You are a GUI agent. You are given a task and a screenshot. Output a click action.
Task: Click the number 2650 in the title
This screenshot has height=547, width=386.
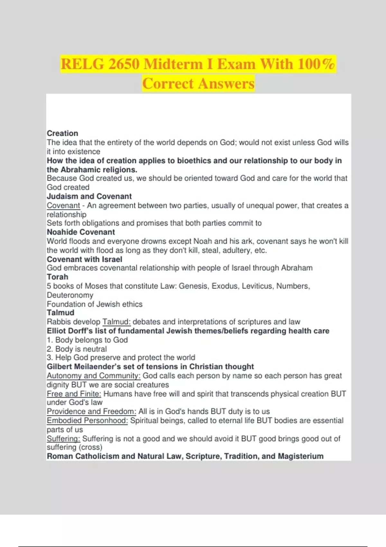point(124,64)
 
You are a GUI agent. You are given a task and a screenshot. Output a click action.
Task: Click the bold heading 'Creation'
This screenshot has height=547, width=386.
point(62,133)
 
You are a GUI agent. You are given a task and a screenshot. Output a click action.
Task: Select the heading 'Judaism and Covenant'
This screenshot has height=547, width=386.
point(89,196)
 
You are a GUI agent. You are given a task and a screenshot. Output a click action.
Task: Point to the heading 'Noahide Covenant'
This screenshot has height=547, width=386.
point(81,232)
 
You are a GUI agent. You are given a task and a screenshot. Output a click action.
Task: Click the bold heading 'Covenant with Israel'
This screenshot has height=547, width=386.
point(84,259)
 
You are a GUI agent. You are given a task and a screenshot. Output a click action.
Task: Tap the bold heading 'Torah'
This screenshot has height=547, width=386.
point(57,277)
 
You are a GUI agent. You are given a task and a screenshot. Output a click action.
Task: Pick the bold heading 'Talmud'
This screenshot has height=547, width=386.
point(60,312)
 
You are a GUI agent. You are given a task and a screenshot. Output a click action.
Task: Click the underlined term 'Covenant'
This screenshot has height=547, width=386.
point(63,205)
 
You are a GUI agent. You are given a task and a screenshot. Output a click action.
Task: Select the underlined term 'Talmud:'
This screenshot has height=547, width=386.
point(116,322)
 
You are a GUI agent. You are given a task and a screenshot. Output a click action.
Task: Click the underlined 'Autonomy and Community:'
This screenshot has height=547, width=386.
point(94,375)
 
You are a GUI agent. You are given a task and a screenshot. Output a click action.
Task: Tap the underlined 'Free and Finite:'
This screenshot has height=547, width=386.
point(74,394)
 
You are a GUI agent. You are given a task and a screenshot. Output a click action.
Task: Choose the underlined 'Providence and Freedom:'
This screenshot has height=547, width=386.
point(91,411)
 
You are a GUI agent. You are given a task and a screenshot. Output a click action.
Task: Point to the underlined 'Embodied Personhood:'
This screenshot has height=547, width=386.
point(87,421)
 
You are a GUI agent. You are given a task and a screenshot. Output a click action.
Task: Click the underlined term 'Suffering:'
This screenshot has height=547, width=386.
point(63,439)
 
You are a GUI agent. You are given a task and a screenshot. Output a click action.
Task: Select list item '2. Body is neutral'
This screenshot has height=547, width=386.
point(77,349)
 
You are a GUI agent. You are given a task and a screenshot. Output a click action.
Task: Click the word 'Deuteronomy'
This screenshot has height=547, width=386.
point(70,295)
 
